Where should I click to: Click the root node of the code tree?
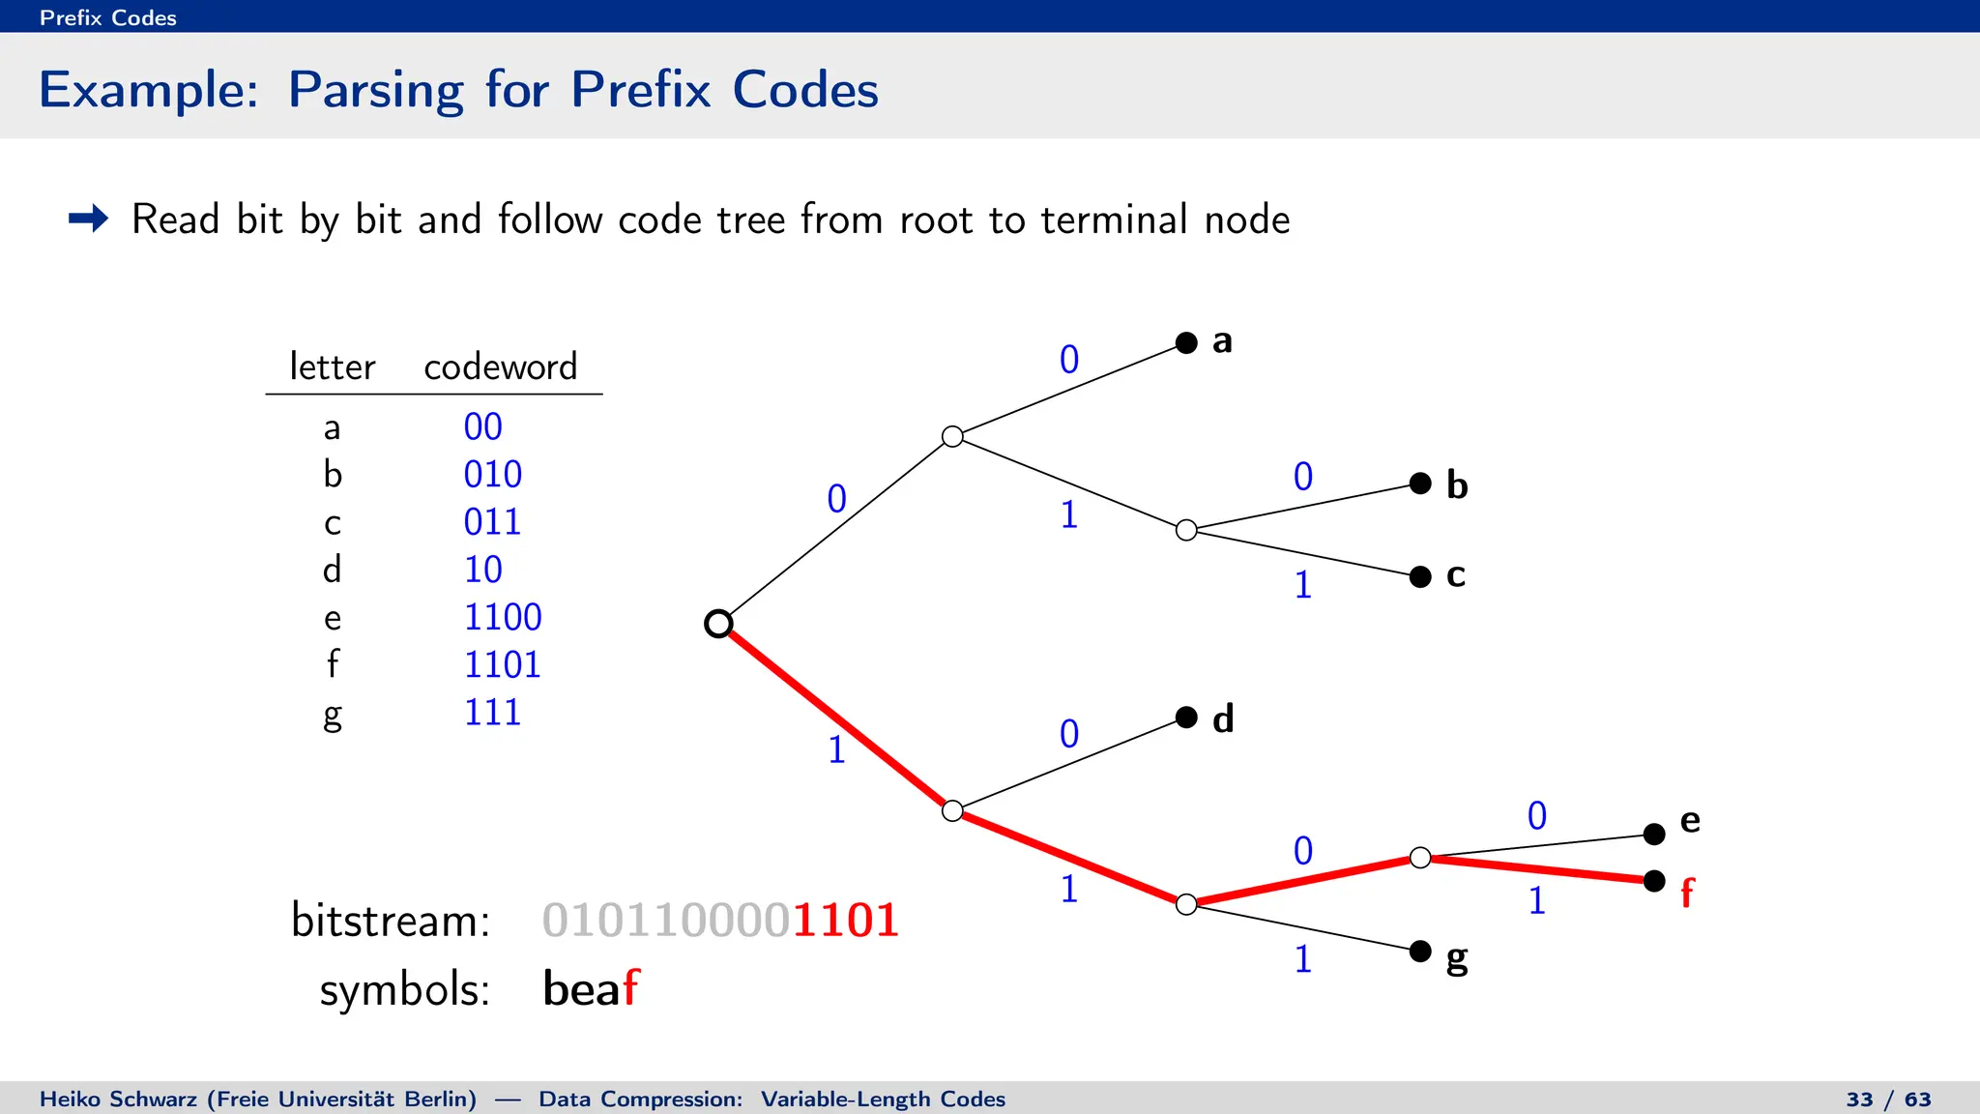pos(718,624)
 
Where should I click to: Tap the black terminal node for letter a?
pos(1186,342)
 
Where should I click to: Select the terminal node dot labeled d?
pos(1186,717)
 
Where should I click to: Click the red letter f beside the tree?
pos(1687,892)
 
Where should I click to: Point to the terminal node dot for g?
pos(1420,951)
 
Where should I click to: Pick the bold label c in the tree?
pos(1455,574)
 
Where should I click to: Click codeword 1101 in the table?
pos(502,665)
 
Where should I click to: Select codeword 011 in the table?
pos(492,522)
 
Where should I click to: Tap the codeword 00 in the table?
pos(482,427)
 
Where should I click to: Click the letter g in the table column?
pos(332,716)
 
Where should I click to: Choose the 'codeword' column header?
pos(500,367)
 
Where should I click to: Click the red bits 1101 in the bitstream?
pos(846,920)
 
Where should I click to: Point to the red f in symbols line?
pos(630,988)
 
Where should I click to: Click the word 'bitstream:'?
pos(390,920)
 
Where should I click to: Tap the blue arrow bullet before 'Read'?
pos(88,219)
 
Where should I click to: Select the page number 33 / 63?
pos(1888,1099)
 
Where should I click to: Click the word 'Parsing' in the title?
pos(375,91)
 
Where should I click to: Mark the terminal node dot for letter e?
pos(1654,834)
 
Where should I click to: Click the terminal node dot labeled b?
pos(1420,483)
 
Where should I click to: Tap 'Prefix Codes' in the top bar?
pos(108,17)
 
